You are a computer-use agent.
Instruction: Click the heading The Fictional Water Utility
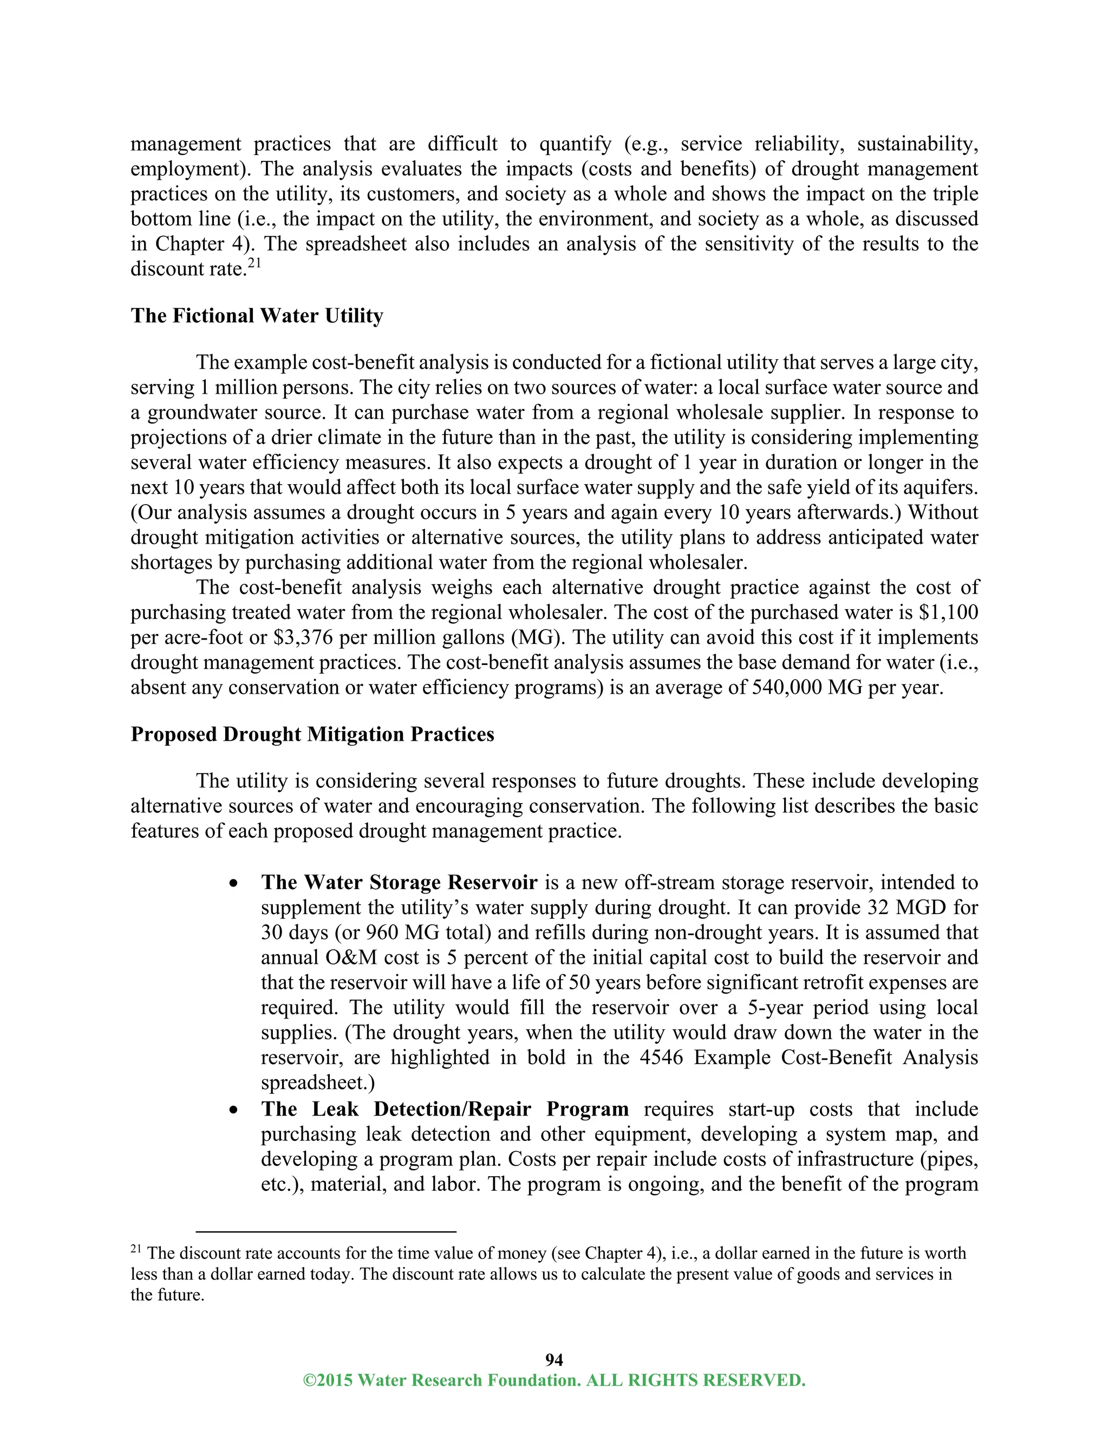pos(256,316)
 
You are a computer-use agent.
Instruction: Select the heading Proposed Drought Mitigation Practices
pos(312,734)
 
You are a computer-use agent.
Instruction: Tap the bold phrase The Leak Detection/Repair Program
pos(444,1108)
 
